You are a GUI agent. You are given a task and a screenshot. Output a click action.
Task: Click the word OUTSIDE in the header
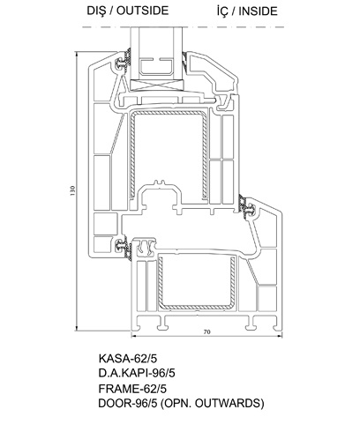pyautogui.click(x=143, y=11)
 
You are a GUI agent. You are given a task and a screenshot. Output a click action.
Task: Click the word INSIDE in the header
pyautogui.click(x=258, y=11)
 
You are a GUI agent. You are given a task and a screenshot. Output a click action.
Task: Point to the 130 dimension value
pyautogui.click(x=72, y=190)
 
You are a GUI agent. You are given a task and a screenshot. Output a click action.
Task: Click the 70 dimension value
pyautogui.click(x=207, y=331)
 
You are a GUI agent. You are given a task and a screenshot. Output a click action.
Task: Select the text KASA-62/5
pyautogui.click(x=128, y=359)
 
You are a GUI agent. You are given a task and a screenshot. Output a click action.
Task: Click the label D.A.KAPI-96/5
pyautogui.click(x=137, y=373)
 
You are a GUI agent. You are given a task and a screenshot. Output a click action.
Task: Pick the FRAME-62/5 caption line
pyautogui.click(x=132, y=389)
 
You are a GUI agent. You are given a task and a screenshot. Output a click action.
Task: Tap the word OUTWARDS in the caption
pyautogui.click(x=228, y=403)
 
